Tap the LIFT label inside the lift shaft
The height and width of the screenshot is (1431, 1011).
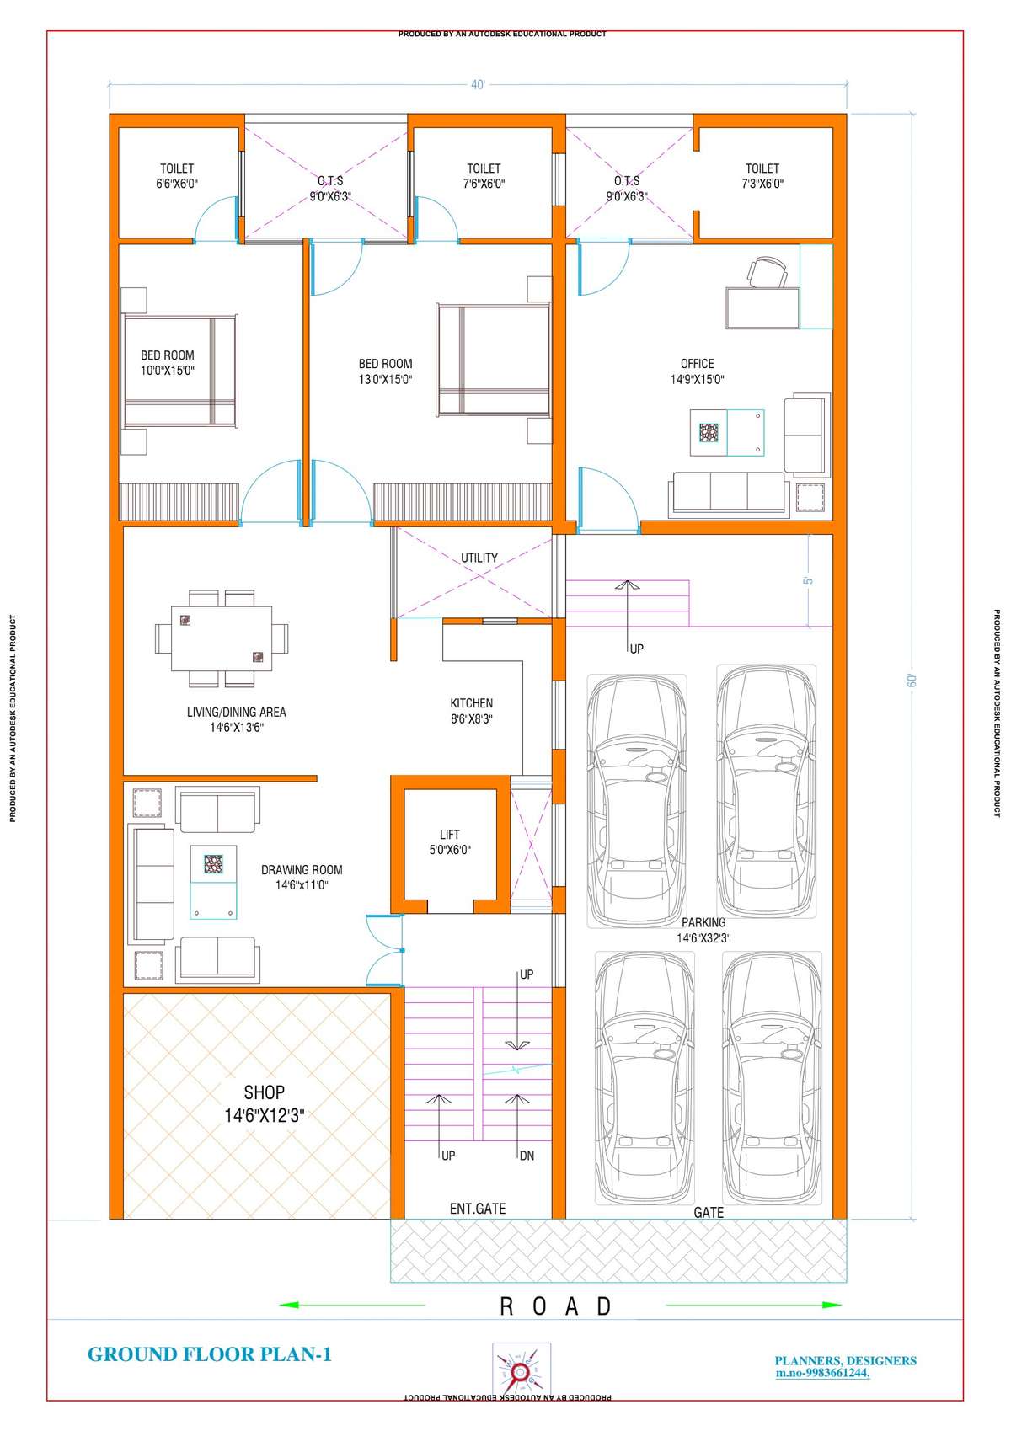[449, 835]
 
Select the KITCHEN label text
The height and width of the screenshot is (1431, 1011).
[472, 702]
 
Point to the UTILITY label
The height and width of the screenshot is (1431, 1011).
[479, 558]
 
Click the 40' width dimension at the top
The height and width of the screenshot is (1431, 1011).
[478, 84]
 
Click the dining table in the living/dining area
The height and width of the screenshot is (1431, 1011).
[221, 638]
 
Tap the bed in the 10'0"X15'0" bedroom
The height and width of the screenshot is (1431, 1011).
[180, 371]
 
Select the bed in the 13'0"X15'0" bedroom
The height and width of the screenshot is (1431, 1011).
[494, 360]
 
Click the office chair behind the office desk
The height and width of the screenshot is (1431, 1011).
[767, 271]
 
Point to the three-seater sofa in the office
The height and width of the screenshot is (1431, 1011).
[729, 494]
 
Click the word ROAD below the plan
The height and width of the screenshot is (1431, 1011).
[555, 1306]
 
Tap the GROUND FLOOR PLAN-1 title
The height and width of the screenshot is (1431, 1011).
[210, 1354]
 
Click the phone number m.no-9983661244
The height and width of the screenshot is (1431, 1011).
[823, 1373]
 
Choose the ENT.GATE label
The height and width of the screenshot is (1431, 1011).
[478, 1209]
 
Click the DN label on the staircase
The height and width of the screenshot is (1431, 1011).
[527, 1156]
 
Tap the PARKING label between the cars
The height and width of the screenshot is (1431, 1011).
[703, 922]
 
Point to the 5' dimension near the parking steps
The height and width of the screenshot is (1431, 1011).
[809, 580]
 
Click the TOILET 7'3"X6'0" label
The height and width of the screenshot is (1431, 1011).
[762, 176]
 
